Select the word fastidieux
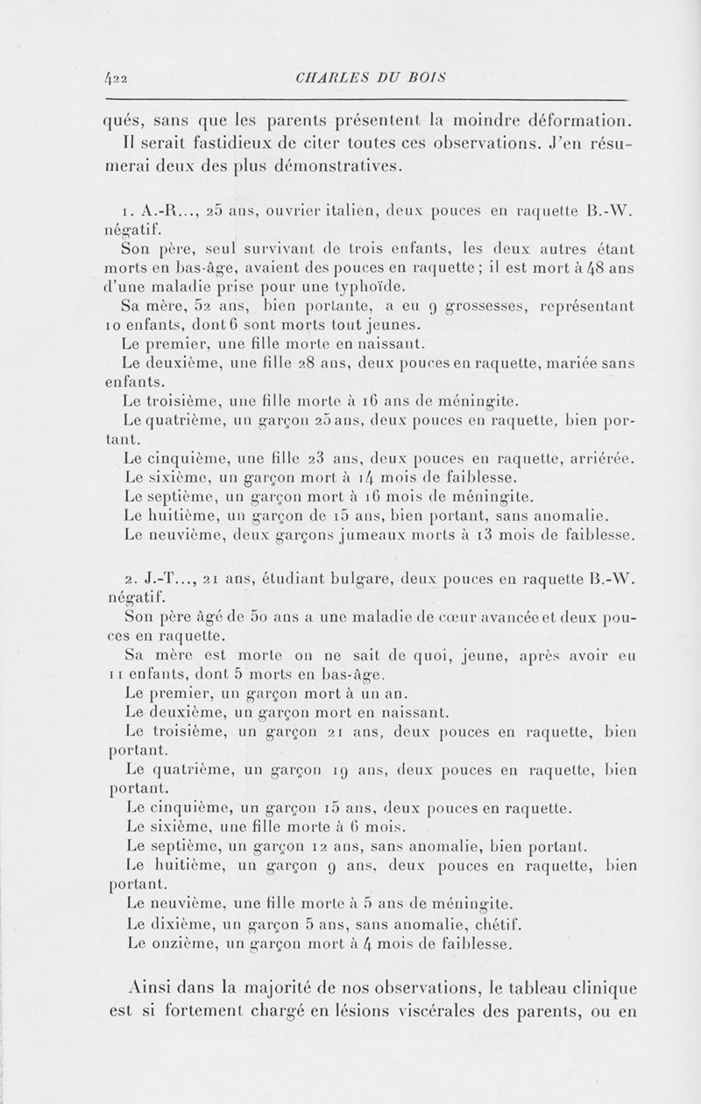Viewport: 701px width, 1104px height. (x=219, y=142)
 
